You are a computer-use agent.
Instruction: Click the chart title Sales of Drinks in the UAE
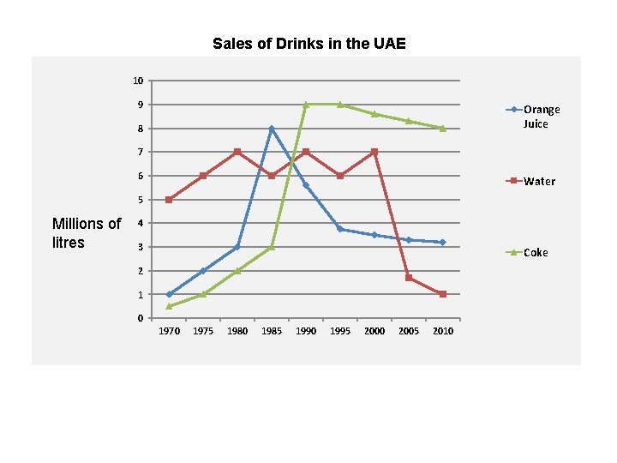pos(308,44)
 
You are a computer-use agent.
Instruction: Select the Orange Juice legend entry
pos(541,117)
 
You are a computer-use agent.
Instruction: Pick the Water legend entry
pos(539,181)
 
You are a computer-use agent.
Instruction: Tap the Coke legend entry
pos(536,252)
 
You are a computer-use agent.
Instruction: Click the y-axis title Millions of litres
pos(87,233)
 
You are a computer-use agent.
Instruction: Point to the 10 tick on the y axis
pos(138,81)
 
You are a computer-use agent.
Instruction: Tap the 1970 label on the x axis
pos(170,331)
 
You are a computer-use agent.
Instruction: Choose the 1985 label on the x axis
pos(272,331)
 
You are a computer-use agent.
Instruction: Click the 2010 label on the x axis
pos(443,331)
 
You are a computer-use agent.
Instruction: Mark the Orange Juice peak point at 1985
pos(272,129)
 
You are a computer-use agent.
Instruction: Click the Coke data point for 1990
pos(306,105)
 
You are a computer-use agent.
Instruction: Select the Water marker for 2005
pos(409,278)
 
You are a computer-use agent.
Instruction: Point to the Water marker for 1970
pos(170,200)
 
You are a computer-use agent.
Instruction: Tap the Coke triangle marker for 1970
pos(170,306)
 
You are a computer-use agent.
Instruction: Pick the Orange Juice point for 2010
pos(443,243)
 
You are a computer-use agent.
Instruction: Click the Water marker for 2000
pos(374,152)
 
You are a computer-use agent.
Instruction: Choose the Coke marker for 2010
pos(443,129)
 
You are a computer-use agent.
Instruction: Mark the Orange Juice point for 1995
pos(340,229)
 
